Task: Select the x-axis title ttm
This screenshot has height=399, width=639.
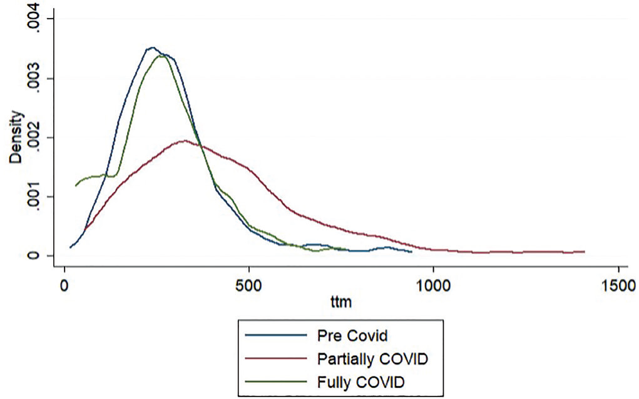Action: pyautogui.click(x=340, y=303)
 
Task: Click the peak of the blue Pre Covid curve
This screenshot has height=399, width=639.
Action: pyautogui.click(x=151, y=48)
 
